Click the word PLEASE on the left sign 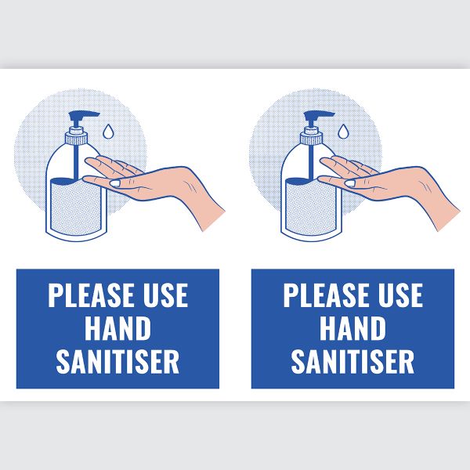91,295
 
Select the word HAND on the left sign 117,328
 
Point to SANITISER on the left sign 117,361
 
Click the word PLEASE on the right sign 326,295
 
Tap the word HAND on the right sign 352,328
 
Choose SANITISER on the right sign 352,361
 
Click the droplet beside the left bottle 108,132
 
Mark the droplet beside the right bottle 343,132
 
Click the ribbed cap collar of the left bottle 77,139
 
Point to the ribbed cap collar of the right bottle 312,139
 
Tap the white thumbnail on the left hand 115,183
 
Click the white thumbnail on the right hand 350,183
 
